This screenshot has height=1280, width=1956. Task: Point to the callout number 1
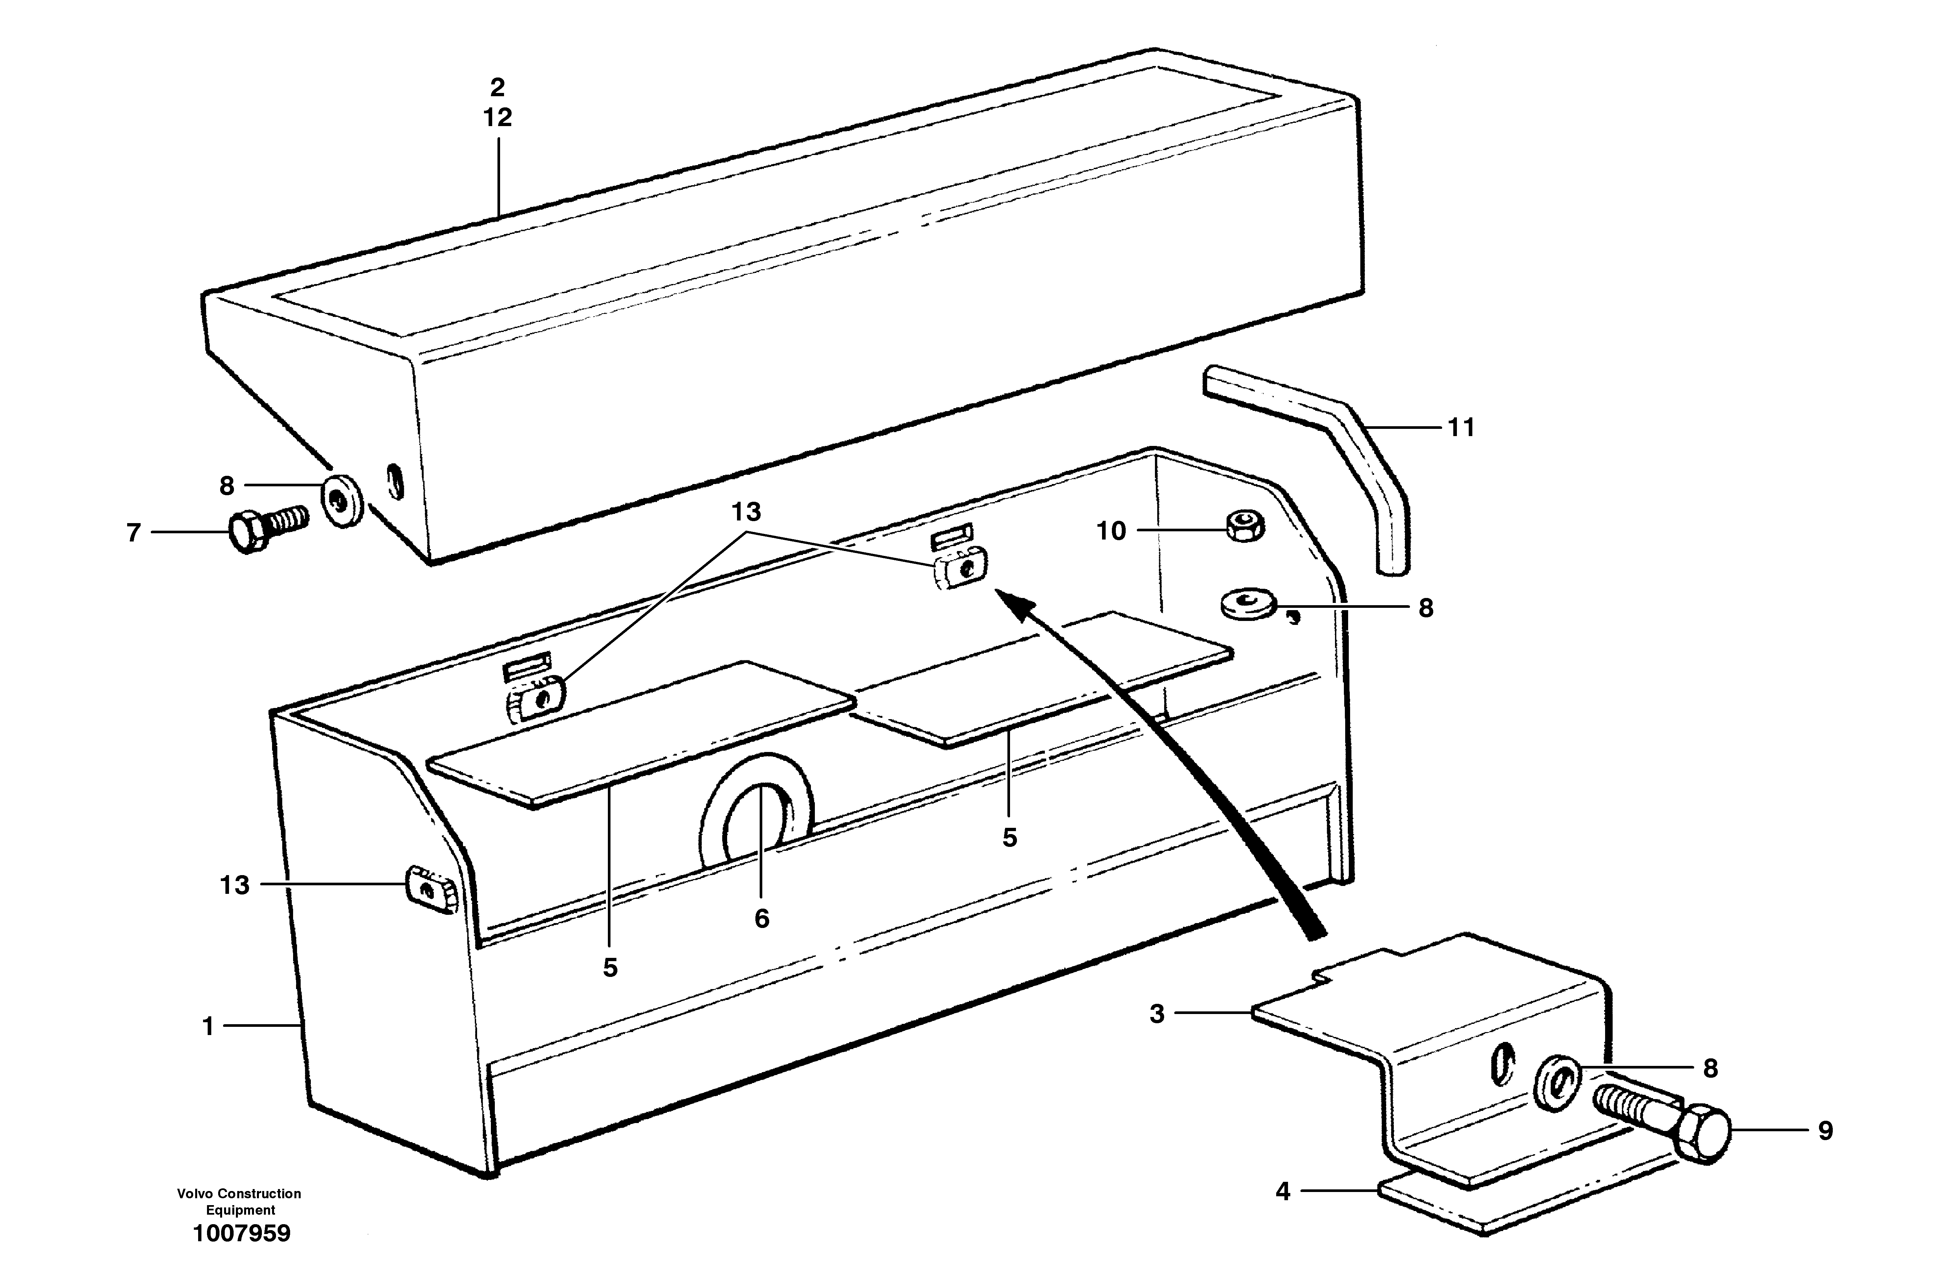click(x=208, y=1026)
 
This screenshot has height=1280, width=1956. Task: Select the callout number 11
click(x=1461, y=428)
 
